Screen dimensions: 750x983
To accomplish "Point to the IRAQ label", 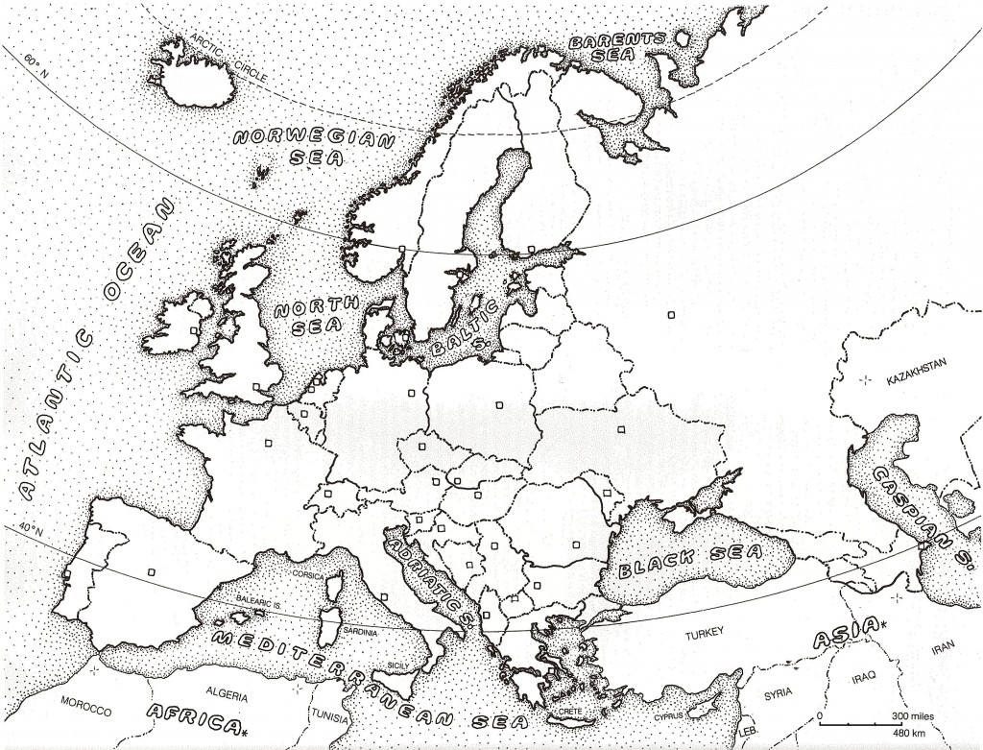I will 862,678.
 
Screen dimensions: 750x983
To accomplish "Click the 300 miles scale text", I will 904,717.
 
